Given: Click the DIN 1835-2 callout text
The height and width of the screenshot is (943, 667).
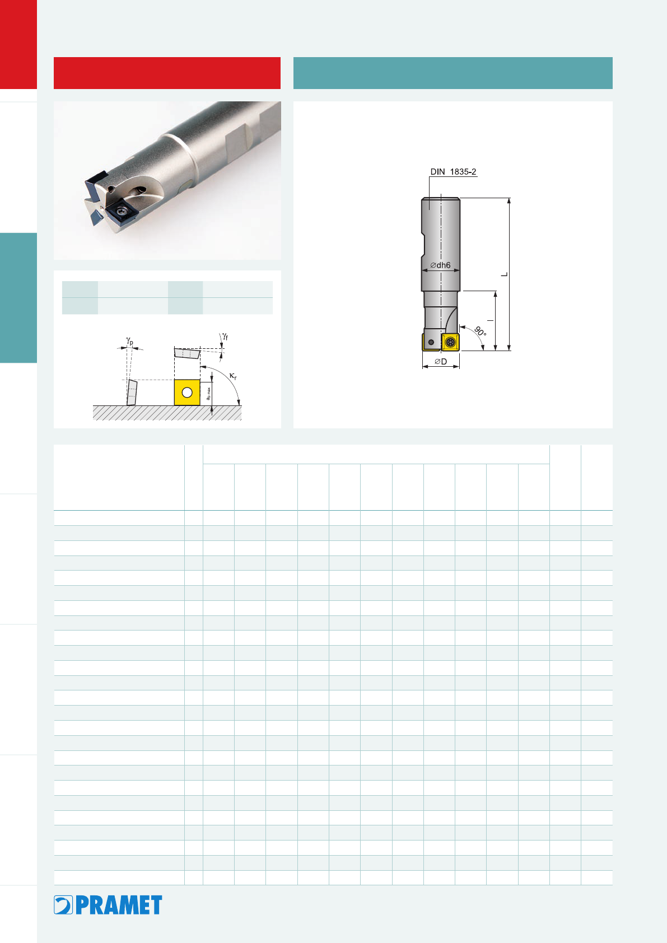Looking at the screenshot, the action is (x=453, y=172).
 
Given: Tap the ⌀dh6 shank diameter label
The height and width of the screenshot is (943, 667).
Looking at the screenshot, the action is (x=440, y=265).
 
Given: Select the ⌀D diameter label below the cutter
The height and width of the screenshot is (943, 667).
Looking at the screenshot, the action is (x=441, y=362).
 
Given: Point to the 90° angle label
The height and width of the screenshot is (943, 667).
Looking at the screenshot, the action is (x=481, y=331).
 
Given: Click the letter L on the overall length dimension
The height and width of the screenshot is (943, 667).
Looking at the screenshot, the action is (x=505, y=274).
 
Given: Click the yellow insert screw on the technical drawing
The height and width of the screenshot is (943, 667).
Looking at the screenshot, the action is (x=451, y=342).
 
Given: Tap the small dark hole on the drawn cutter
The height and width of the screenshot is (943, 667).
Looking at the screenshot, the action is (x=431, y=342).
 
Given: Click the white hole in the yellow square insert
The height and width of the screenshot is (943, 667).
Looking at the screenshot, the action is (x=187, y=393).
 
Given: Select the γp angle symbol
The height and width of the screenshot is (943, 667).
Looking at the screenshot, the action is (x=130, y=340).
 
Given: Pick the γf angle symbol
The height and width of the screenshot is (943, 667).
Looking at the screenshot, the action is (x=225, y=336).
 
